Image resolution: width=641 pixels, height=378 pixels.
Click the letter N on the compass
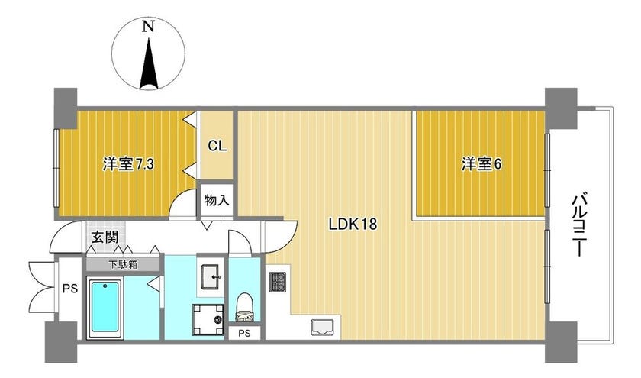[148, 27]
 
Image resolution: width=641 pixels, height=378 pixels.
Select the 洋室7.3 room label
[128, 164]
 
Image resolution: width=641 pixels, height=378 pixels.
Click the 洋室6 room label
[482, 164]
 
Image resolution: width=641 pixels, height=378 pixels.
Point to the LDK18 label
[353, 224]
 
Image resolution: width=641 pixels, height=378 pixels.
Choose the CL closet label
[217, 146]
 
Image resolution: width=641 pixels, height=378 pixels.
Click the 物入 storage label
[217, 201]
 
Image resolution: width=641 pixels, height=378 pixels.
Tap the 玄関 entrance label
[105, 237]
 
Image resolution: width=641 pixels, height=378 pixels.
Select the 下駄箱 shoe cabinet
[123, 264]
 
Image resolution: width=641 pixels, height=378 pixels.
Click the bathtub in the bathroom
[105, 307]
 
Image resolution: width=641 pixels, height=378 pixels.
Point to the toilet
[245, 308]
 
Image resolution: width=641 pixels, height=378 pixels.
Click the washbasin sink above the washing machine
[211, 276]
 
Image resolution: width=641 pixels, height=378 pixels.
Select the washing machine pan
[208, 320]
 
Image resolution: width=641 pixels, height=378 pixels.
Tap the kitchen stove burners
[278, 282]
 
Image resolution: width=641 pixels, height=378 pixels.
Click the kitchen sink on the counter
[322, 328]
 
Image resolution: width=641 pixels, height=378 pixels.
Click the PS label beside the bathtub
[70, 289]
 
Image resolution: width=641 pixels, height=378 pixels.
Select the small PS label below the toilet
[244, 334]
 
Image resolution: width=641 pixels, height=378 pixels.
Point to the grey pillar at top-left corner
[66, 108]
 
